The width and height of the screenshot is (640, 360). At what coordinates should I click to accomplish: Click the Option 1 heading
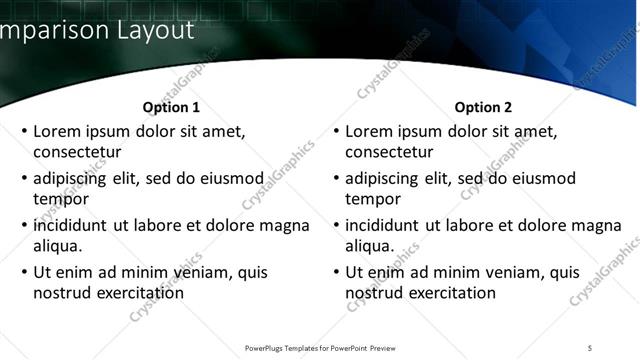tap(171, 107)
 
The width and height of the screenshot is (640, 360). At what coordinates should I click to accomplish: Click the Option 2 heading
tap(483, 107)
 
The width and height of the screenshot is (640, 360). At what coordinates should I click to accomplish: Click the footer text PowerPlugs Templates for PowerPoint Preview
tap(320, 348)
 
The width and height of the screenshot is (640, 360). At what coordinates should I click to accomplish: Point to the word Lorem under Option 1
tap(58, 131)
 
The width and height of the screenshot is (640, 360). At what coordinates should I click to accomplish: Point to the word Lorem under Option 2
tap(370, 131)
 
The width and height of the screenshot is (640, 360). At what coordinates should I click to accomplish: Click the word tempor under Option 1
tap(59, 199)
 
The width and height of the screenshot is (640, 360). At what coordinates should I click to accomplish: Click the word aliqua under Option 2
tap(370, 246)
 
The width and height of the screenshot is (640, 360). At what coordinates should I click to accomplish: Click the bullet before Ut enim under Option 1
tap(23, 272)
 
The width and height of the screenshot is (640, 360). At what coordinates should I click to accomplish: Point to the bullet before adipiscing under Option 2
tap(335, 179)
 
